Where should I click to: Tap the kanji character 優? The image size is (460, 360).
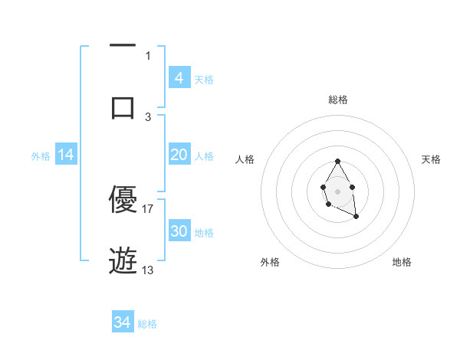pyautogui.click(x=123, y=200)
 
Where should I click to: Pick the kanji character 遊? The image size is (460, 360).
pyautogui.click(x=123, y=261)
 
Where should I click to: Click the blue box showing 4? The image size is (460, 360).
pyautogui.click(x=179, y=78)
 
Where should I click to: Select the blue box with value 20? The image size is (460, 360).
pyautogui.click(x=179, y=155)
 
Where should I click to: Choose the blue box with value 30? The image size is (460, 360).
pyautogui.click(x=179, y=231)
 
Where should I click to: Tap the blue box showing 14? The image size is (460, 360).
pyautogui.click(x=66, y=155)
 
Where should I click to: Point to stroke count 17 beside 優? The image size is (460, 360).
pyautogui.click(x=148, y=208)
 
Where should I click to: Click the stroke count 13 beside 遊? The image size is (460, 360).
pyautogui.click(x=148, y=270)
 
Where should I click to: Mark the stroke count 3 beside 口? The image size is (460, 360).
pyautogui.click(x=148, y=116)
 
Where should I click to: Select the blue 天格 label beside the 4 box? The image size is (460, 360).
pyautogui.click(x=204, y=80)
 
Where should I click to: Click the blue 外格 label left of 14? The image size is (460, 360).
pyautogui.click(x=41, y=156)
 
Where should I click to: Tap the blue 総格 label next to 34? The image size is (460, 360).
pyautogui.click(x=147, y=324)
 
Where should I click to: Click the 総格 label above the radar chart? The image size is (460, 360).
pyautogui.click(x=337, y=100)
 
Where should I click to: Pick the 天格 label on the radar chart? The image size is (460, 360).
pyautogui.click(x=432, y=159)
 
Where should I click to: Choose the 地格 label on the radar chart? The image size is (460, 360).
pyautogui.click(x=402, y=262)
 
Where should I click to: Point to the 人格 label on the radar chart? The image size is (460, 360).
pyautogui.click(x=245, y=159)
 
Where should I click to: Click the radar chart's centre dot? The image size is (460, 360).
pyautogui.click(x=337, y=191)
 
